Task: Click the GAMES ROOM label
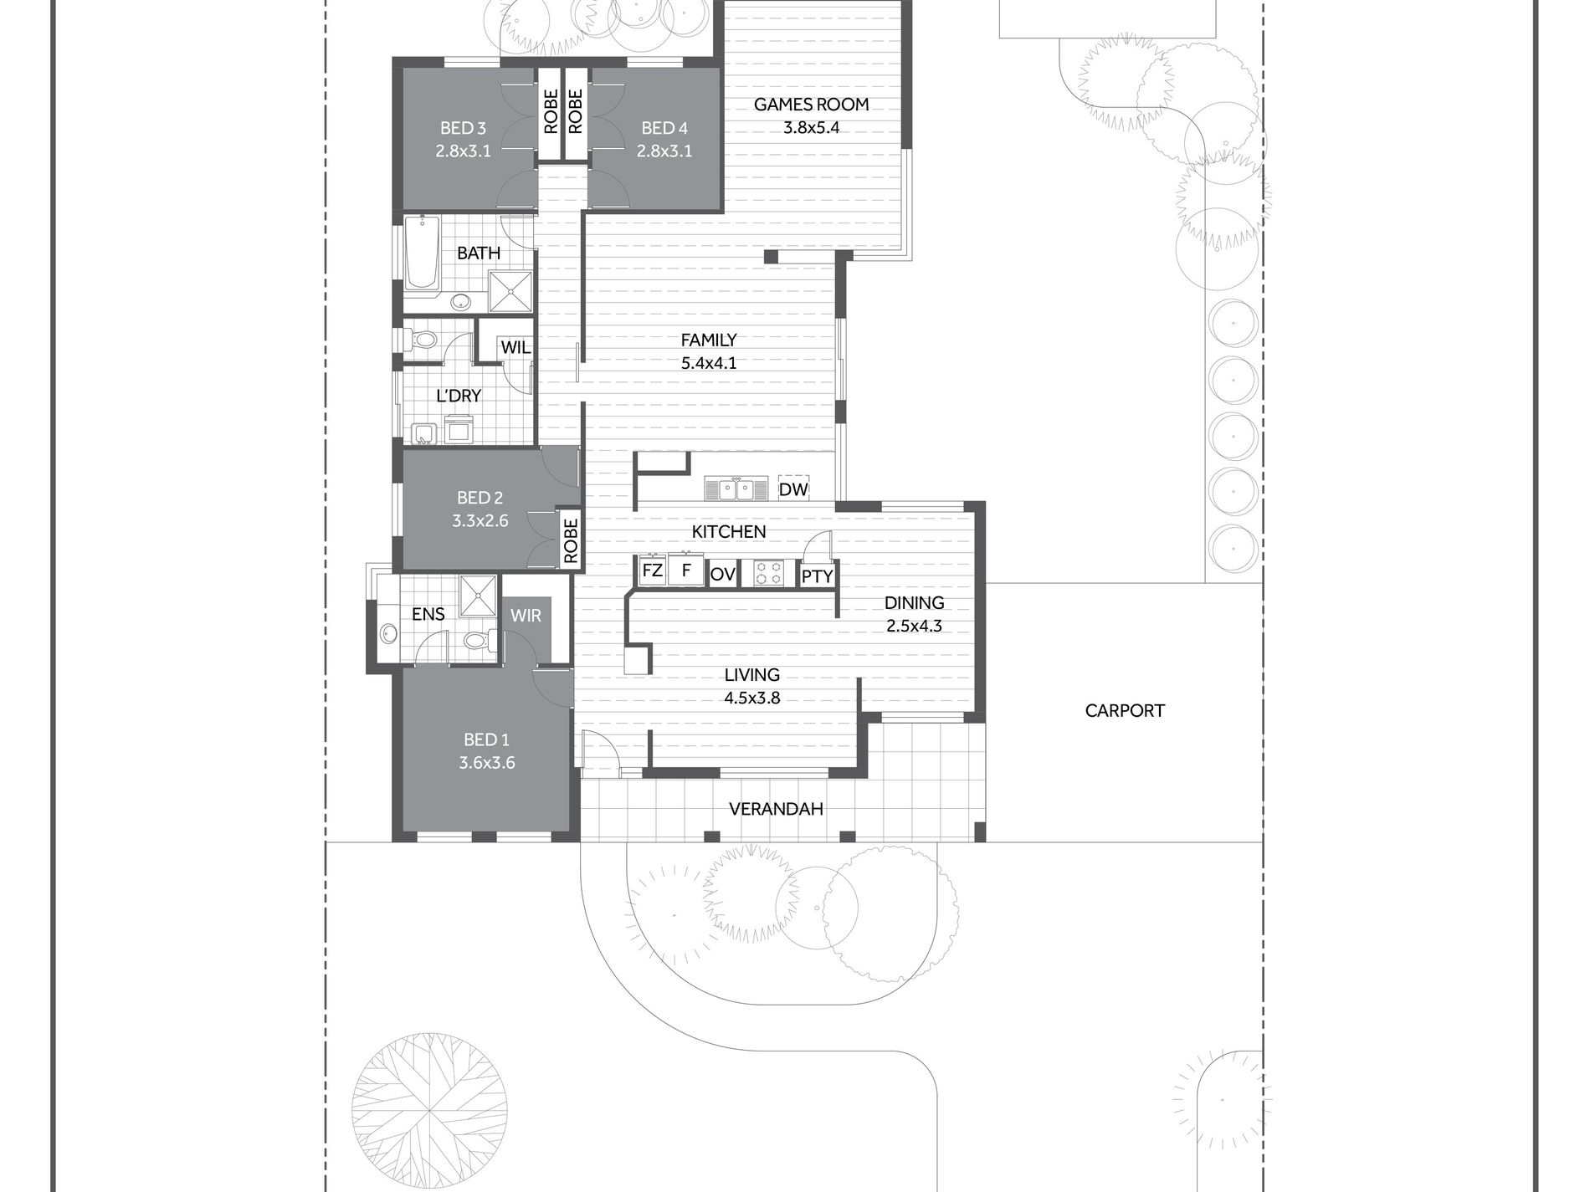tap(811, 105)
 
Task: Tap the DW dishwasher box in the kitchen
tap(793, 489)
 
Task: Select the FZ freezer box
tap(652, 571)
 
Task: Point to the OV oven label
tap(722, 575)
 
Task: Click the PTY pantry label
tap(817, 576)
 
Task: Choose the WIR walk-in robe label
tap(526, 616)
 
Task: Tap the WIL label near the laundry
tap(515, 347)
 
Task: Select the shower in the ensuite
tap(478, 596)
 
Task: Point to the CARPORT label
tap(1125, 711)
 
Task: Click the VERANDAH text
tap(776, 809)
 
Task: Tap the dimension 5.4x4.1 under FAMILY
tap(708, 363)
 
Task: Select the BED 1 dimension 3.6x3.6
tap(486, 762)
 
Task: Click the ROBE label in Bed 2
tap(571, 540)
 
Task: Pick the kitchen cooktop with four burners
tap(770, 573)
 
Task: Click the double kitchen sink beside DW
tap(736, 489)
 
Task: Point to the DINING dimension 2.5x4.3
tap(915, 625)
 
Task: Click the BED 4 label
tap(664, 128)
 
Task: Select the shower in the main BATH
tap(510, 290)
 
